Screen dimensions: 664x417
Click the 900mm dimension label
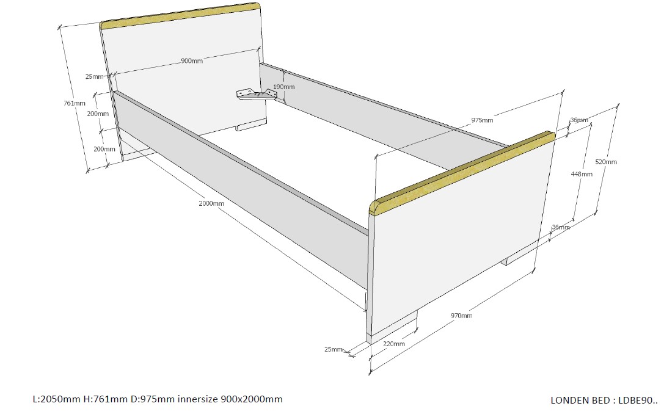pos(192,61)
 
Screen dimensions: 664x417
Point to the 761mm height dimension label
pos(75,103)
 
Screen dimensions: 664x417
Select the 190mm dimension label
pos(283,87)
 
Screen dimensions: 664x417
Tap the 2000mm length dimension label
pos(211,203)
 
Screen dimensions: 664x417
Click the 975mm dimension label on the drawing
pos(483,120)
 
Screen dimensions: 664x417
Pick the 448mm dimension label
pos(582,174)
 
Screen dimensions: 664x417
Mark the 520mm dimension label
pos(606,162)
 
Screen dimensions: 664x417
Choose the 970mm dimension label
pos(462,316)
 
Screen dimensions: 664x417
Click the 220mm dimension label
pos(394,344)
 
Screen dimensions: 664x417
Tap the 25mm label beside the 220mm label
pos(334,349)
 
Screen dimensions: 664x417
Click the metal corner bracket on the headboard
pos(256,95)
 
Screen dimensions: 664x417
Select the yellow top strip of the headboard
pos(180,16)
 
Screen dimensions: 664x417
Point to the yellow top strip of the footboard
pos(462,173)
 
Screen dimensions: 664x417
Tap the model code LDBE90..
pos(637,400)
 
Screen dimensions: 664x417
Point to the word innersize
pos(198,399)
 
